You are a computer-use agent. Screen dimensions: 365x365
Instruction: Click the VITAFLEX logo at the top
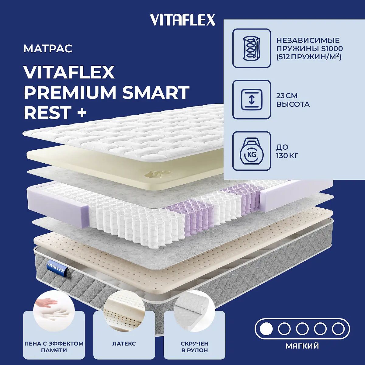182,20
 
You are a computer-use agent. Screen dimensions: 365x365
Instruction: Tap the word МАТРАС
48,48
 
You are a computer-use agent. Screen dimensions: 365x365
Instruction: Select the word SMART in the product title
156,92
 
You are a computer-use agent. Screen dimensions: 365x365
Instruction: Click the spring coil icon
252,48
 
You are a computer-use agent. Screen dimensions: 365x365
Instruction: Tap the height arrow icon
252,100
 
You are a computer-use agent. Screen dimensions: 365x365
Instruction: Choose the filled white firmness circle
266,329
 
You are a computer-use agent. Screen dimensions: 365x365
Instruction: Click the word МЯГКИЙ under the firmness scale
302,346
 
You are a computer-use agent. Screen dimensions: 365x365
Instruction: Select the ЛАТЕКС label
124,343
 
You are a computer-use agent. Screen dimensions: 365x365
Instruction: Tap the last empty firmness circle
338,329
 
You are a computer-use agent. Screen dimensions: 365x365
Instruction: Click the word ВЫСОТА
293,104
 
